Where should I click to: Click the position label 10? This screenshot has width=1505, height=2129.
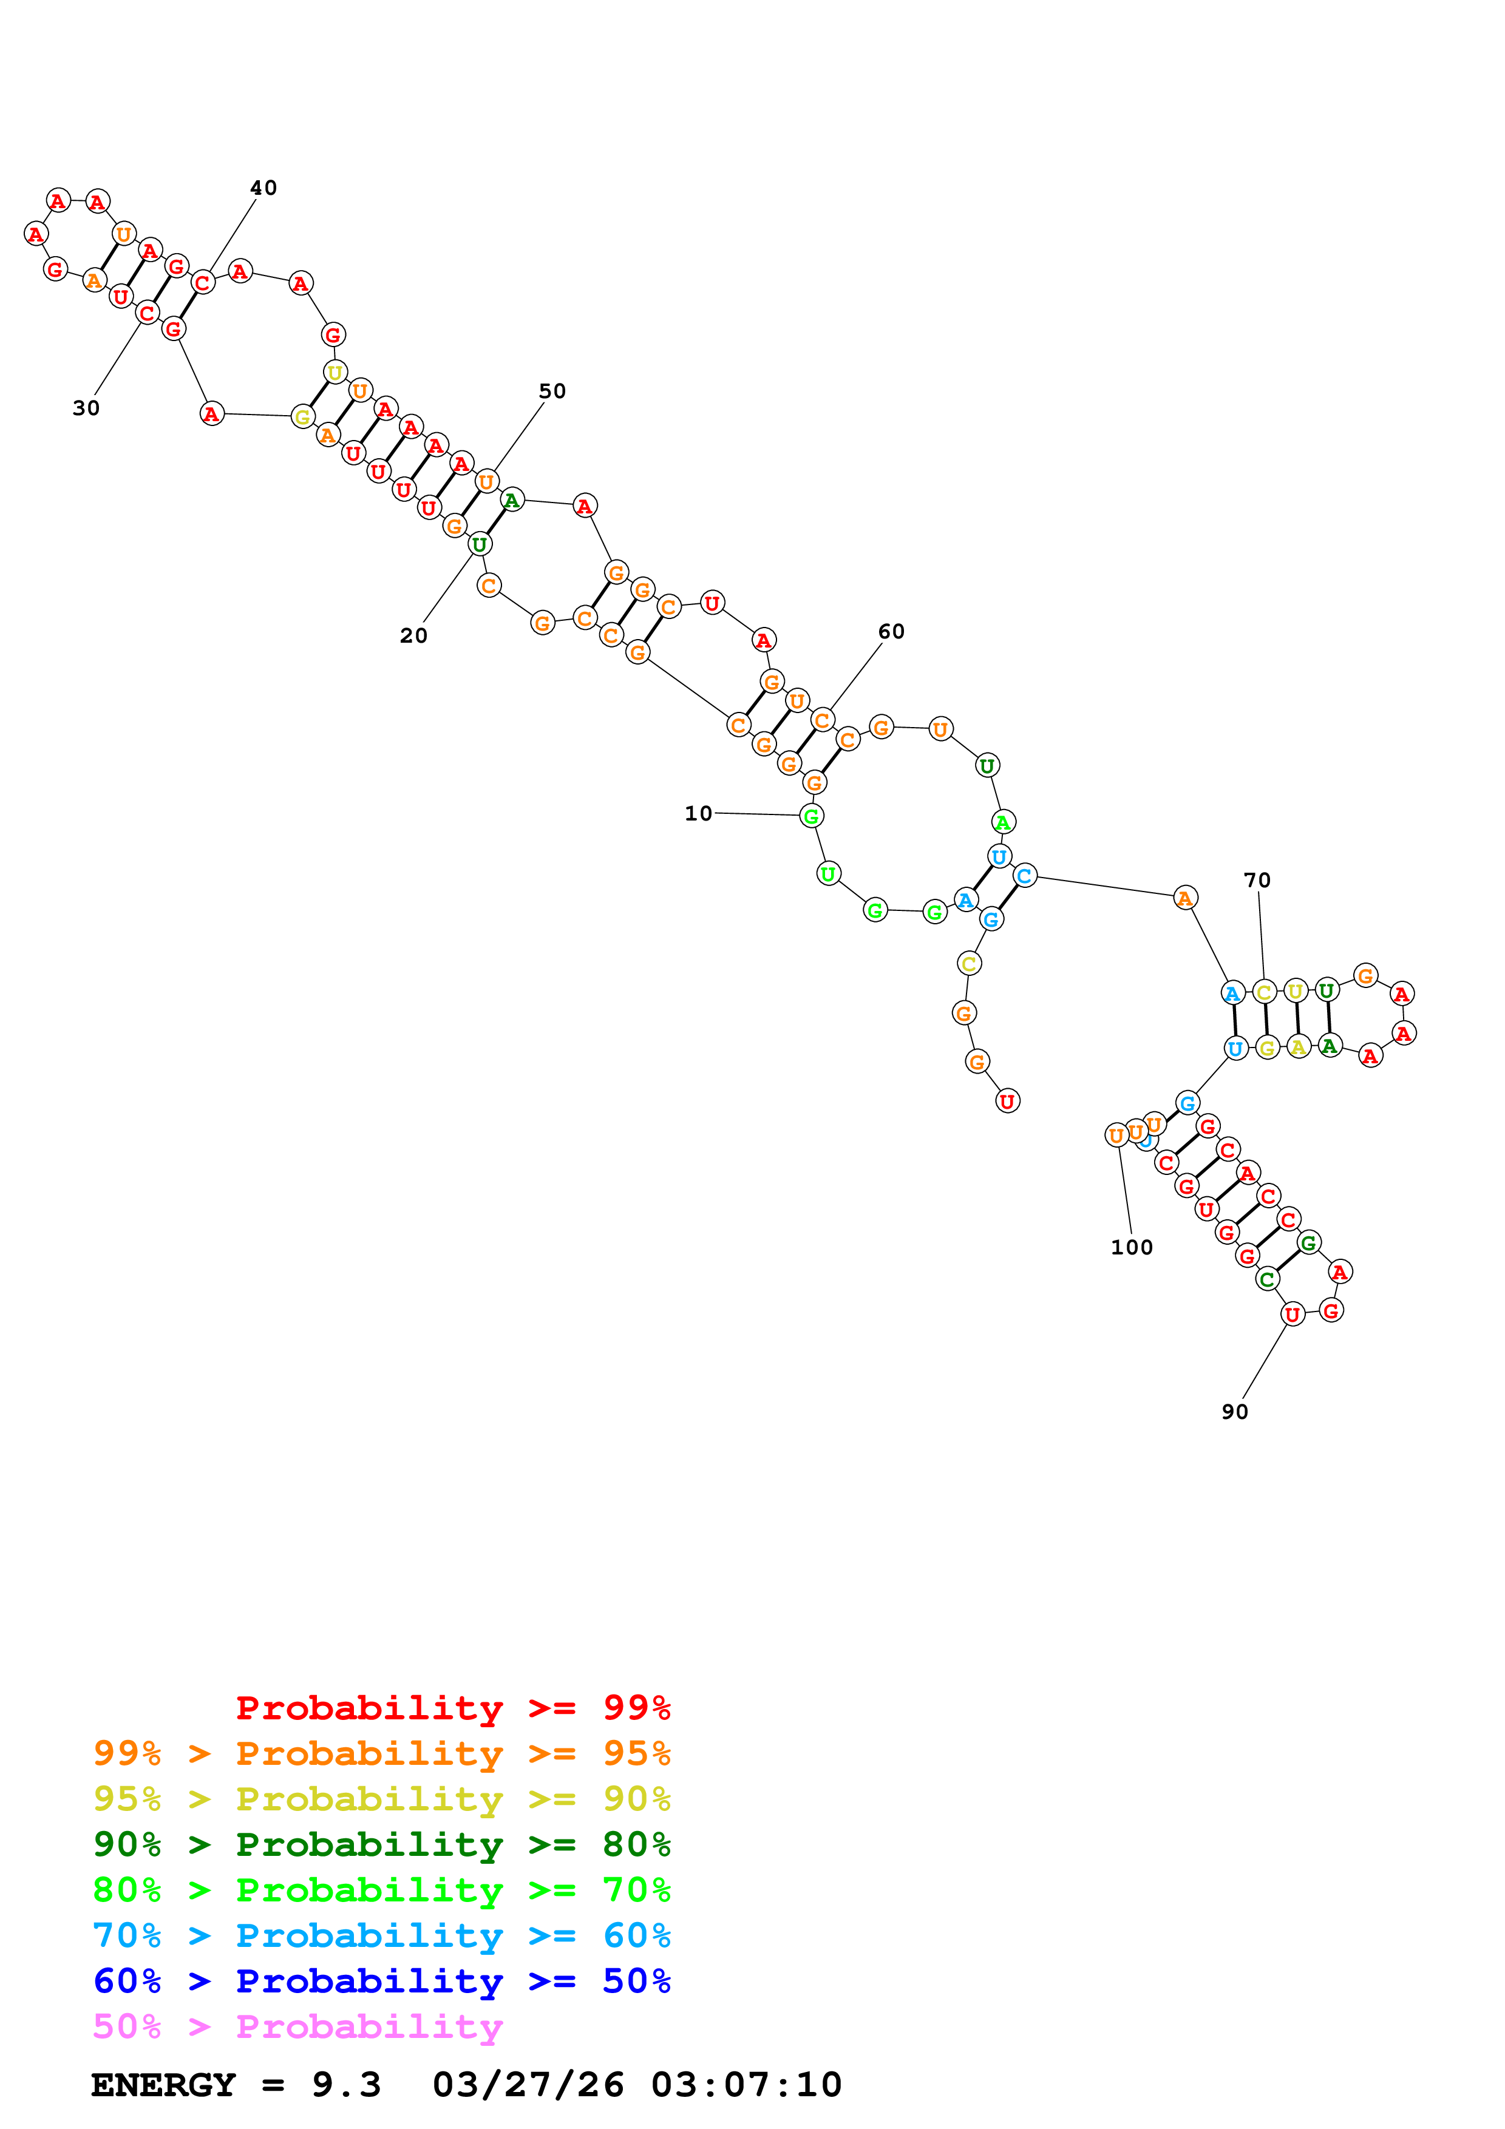click(x=698, y=813)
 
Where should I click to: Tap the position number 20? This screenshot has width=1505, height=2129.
click(x=413, y=635)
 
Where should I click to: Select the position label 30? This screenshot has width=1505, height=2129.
click(x=86, y=408)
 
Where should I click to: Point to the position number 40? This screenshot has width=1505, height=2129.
click(x=263, y=188)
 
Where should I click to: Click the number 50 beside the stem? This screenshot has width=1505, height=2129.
click(x=552, y=391)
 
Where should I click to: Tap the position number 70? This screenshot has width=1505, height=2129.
click(x=1257, y=880)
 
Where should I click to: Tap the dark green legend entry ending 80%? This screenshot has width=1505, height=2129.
click(x=381, y=1844)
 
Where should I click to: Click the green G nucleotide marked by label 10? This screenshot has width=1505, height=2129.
click(x=810, y=816)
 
